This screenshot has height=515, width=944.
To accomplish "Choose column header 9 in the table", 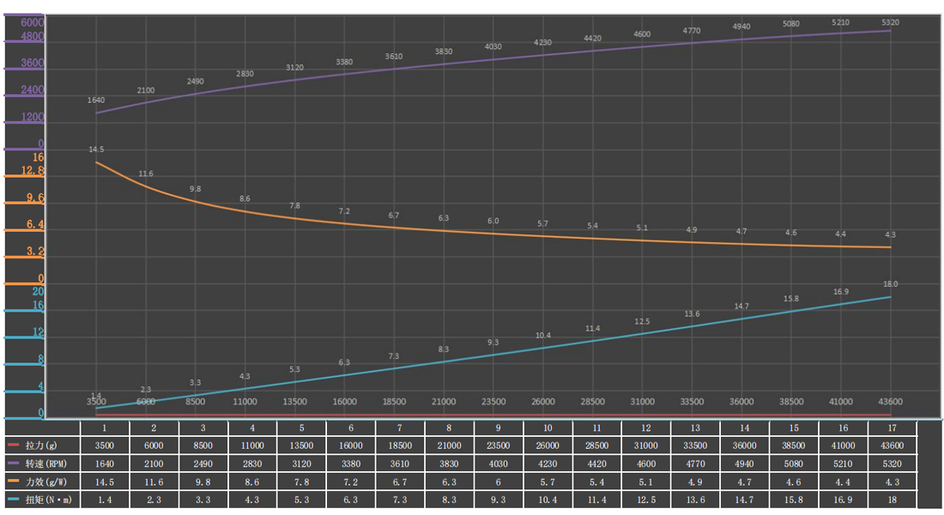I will click(498, 427).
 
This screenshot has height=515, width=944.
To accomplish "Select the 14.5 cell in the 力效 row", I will click(105, 482).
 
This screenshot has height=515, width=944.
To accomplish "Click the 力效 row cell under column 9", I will click(498, 482).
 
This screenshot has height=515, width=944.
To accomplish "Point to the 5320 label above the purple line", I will click(890, 21).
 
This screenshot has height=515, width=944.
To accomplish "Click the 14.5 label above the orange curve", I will click(96, 149).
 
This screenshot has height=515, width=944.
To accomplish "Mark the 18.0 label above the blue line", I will click(890, 284).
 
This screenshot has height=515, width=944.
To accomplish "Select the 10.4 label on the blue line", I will click(542, 336).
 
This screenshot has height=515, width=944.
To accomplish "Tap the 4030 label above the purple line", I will click(493, 46).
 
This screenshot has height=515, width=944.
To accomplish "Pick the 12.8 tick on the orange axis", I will click(32, 172).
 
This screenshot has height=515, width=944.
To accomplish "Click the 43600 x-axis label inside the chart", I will click(890, 402).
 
